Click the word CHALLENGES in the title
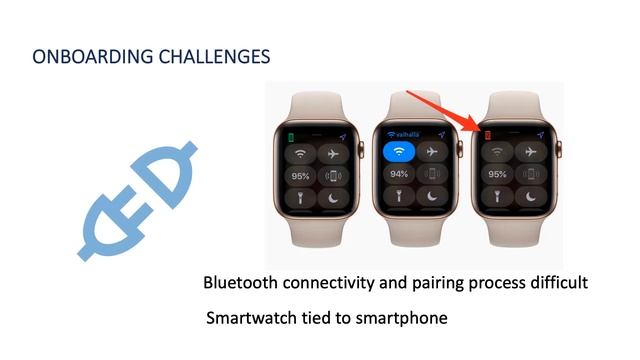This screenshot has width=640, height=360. click(x=214, y=57)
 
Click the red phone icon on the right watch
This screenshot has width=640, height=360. click(x=488, y=134)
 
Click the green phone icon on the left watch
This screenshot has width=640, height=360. click(x=291, y=135)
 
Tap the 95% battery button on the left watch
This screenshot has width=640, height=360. click(x=300, y=177)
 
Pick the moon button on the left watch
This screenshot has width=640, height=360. click(x=334, y=200)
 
